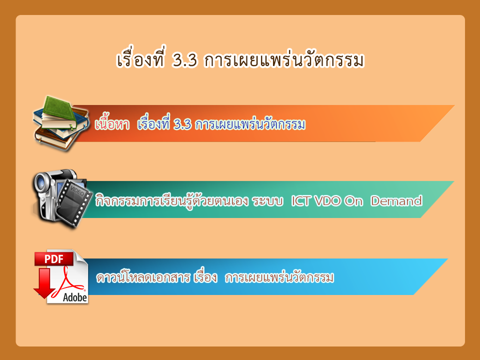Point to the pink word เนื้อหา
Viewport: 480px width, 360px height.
112,123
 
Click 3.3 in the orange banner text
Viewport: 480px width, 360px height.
182,124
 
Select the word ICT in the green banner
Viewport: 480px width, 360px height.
299,201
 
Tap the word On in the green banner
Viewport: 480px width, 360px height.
353,201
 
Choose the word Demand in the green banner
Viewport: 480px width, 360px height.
396,201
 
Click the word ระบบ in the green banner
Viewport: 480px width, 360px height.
267,201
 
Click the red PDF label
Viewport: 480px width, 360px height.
54,259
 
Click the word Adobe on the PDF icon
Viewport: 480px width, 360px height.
75,297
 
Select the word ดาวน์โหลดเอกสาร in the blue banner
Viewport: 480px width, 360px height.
143,277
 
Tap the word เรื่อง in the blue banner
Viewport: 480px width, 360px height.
205,276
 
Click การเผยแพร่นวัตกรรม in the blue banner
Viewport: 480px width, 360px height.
279,277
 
